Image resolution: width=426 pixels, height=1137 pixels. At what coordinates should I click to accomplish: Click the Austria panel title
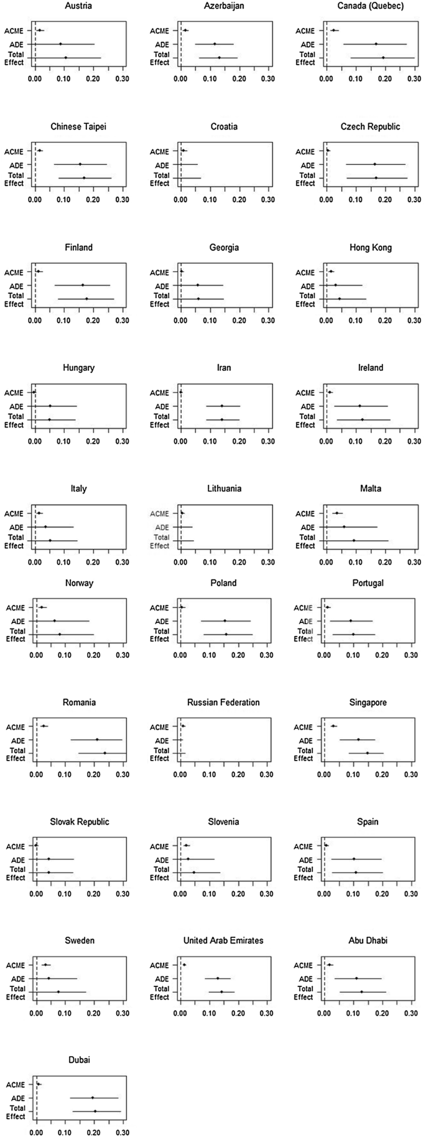[x=78, y=6]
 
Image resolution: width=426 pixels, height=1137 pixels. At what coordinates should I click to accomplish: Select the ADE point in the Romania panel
[x=97, y=739]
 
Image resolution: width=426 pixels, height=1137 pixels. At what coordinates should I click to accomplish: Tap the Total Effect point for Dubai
[x=95, y=1111]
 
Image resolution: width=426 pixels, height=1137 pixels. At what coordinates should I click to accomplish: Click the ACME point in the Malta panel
[x=336, y=513]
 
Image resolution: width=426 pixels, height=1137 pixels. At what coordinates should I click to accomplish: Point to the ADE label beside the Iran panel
[x=162, y=406]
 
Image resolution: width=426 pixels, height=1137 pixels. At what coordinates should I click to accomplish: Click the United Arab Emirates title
[x=223, y=940]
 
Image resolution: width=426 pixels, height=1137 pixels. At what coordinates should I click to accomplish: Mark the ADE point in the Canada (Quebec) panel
[x=376, y=44]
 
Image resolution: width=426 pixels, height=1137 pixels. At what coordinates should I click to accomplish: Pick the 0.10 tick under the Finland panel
[x=64, y=320]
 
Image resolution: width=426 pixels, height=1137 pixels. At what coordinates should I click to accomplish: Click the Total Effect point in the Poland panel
[x=226, y=634]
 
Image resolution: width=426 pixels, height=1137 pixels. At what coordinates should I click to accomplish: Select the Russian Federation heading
[x=223, y=702]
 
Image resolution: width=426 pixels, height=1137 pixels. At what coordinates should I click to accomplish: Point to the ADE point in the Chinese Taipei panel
[x=80, y=164]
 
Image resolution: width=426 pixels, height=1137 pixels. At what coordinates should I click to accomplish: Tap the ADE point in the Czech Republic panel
[x=374, y=164]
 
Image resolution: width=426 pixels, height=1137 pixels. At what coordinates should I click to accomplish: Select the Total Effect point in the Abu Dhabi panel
[x=361, y=991]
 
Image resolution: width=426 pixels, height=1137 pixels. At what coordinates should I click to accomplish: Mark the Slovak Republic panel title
[x=80, y=821]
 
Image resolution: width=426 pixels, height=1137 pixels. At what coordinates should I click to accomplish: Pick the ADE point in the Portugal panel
[x=351, y=620]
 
